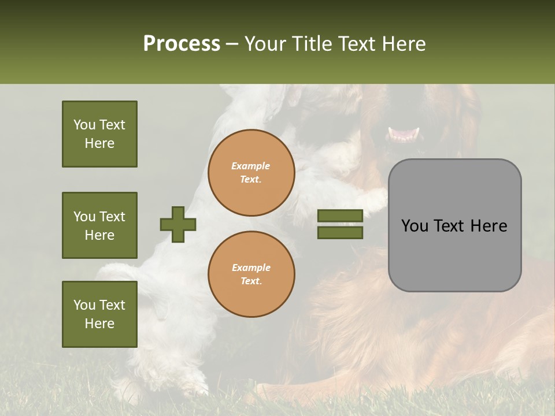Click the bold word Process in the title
182,43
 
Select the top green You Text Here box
99,134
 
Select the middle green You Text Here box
99,225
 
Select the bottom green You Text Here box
99,314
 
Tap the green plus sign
178,224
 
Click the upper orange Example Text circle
251,173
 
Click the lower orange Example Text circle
251,274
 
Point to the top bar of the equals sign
341,216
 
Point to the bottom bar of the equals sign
341,233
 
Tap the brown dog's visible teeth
404,134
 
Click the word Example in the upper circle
251,166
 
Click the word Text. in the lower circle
251,281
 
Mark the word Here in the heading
404,44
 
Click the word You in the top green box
84,125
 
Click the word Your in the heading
265,44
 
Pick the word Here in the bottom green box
99,324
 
